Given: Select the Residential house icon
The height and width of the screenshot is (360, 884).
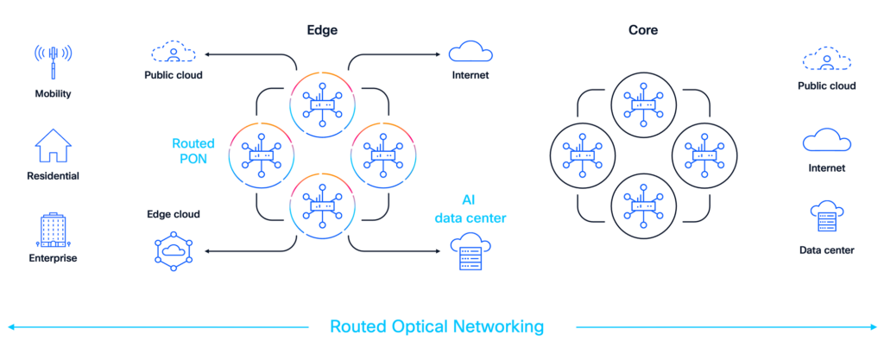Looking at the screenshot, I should tap(53, 147).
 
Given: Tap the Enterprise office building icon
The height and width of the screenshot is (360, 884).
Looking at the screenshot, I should tap(53, 230).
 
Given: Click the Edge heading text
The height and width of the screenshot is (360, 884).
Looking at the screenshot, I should tap(322, 29).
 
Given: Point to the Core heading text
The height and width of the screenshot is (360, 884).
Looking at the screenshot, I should tap(643, 29).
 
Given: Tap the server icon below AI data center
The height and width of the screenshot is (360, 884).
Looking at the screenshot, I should tap(469, 252).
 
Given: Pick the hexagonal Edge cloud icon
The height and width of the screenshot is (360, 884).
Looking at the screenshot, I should tap(173, 250).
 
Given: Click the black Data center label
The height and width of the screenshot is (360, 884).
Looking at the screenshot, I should tap(826, 250).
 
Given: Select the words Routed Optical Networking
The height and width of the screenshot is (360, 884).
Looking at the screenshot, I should tap(437, 326).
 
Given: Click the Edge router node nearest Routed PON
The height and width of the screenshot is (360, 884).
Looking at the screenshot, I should tap(260, 155).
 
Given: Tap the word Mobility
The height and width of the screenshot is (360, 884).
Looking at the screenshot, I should tap(53, 93).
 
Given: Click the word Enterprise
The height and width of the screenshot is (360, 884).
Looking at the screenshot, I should tap(53, 258).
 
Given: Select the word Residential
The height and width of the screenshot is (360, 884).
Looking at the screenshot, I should tap(53, 176).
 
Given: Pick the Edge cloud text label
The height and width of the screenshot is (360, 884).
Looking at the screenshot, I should tap(173, 214).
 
